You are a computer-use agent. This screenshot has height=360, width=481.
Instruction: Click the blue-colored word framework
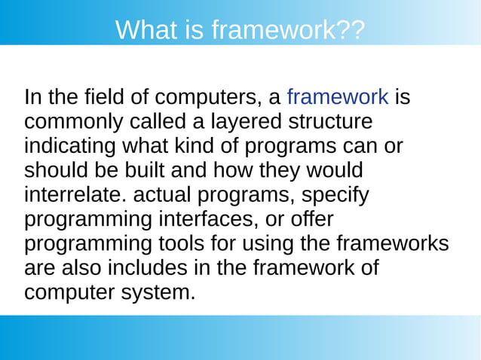click(x=338, y=97)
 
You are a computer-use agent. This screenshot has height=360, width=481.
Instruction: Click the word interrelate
click(x=75, y=195)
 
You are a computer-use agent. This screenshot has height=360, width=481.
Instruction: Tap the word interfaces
click(x=218, y=220)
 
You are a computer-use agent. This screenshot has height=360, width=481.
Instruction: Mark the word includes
click(x=125, y=269)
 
